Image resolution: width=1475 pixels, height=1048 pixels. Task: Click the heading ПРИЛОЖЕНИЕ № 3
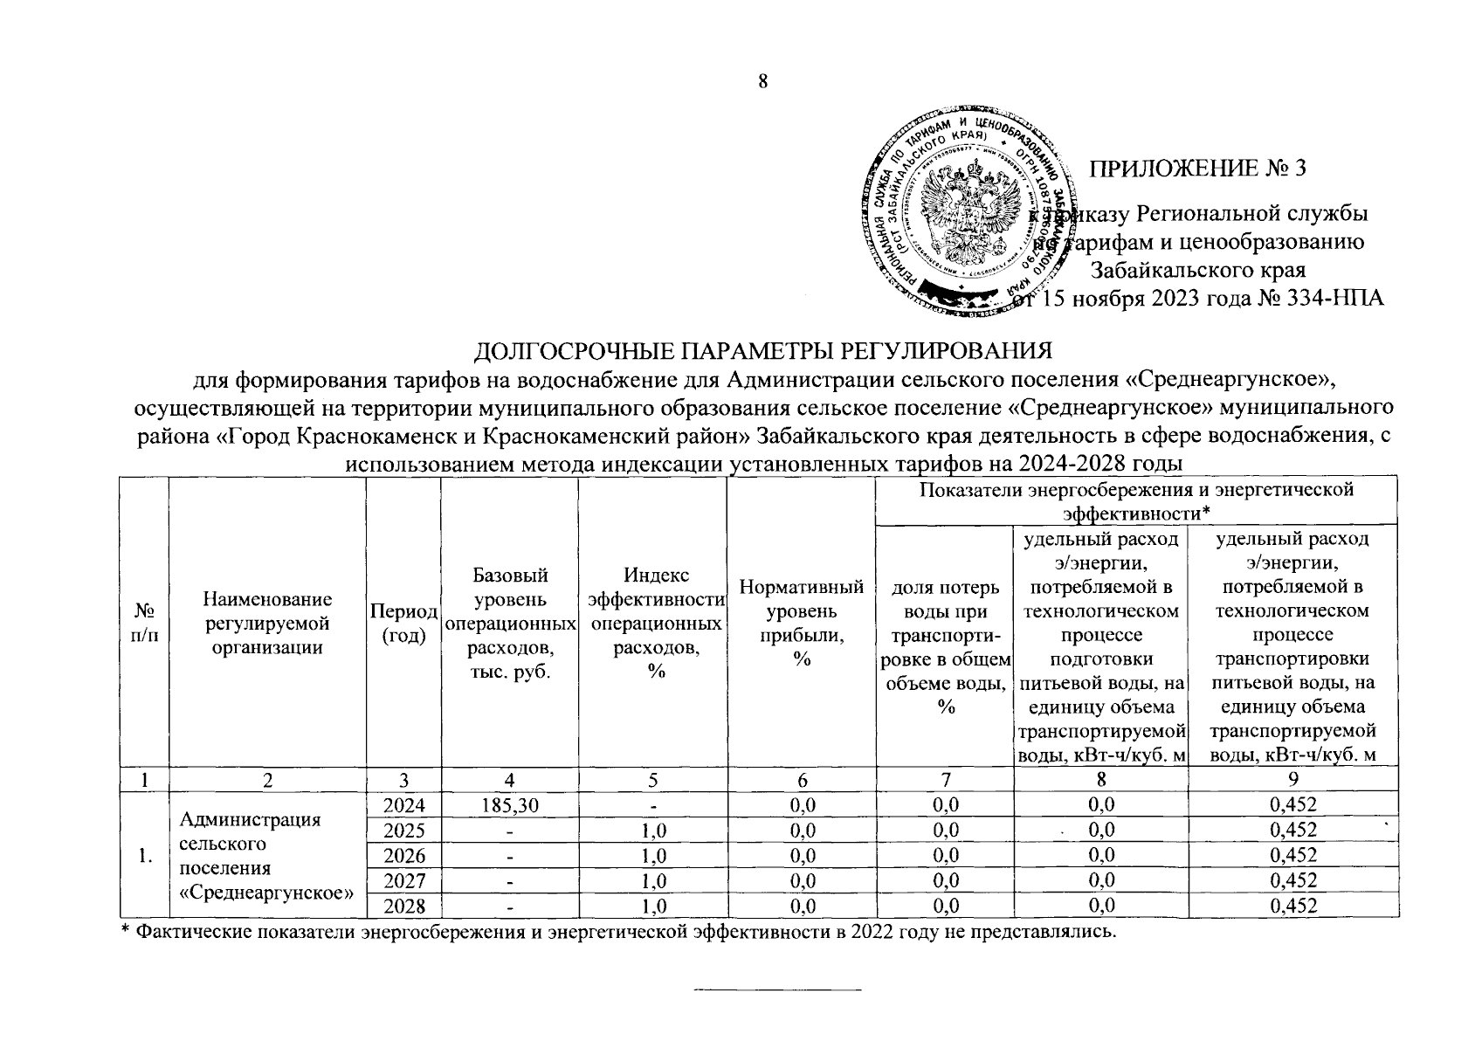pyautogui.click(x=1200, y=169)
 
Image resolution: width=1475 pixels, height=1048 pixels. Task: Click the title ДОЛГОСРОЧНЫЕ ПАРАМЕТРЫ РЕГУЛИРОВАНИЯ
pyautogui.click(x=762, y=351)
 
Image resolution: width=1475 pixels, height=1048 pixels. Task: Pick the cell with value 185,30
pyautogui.click(x=509, y=804)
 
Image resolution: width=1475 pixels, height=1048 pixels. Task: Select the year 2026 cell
pyautogui.click(x=403, y=855)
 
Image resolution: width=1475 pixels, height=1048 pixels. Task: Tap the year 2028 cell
pyautogui.click(x=403, y=906)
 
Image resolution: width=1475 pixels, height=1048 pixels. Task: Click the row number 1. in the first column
pyautogui.click(x=145, y=856)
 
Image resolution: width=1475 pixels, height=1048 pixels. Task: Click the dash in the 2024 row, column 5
pyautogui.click(x=651, y=804)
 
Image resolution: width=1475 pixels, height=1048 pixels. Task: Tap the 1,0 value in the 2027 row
pyautogui.click(x=651, y=880)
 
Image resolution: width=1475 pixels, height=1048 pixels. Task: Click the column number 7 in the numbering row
pyautogui.click(x=944, y=779)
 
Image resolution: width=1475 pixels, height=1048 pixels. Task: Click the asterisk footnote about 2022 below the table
pyautogui.click(x=618, y=932)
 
